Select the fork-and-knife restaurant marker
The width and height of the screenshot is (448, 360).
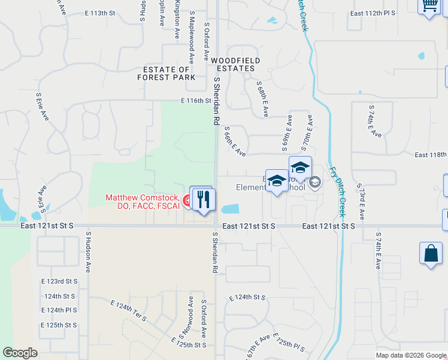pos(204,199)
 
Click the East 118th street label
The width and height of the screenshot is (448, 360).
pos(430,155)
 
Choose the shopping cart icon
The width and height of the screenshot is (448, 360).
pos(429,6)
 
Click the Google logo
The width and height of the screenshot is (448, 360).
pos(20,353)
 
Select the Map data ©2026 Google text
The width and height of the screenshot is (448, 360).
pos(411,355)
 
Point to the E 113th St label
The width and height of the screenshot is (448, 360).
pos(99,13)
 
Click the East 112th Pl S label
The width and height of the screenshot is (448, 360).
pos(373,13)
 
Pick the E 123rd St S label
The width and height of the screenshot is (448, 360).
pos(59,281)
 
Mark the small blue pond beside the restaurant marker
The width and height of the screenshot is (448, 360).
pos(230,209)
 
